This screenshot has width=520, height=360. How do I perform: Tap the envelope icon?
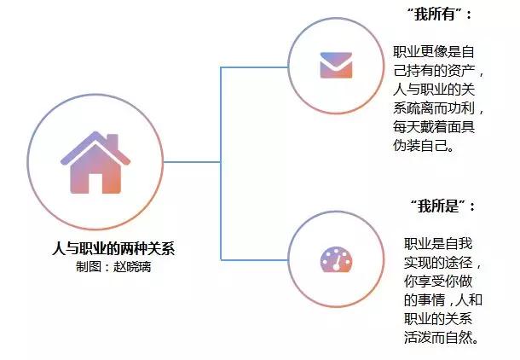coord(336,66)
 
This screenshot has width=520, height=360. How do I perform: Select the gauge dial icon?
coord(336,259)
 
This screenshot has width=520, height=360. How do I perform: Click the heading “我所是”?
coord(442,206)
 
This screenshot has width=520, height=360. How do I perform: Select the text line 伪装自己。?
coord(426,145)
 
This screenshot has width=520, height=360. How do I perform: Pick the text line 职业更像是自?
coord(437,51)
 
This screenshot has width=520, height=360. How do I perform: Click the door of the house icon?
coord(94,182)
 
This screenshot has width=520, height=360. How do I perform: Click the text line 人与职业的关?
coord(437,89)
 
